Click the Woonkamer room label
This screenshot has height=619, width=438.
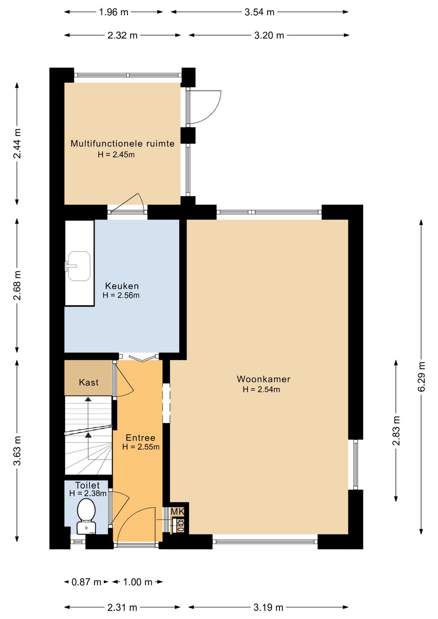pyautogui.click(x=263, y=379)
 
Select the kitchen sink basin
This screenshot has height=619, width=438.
pyautogui.click(x=79, y=266)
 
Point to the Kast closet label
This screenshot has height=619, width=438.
pyautogui.click(x=88, y=383)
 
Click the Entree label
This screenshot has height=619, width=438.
pyautogui.click(x=140, y=438)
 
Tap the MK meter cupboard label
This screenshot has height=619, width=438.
pyautogui.click(x=177, y=512)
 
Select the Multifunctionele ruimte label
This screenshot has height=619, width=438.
pyautogui.click(x=122, y=144)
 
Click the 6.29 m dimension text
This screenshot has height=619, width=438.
pyautogui.click(x=421, y=377)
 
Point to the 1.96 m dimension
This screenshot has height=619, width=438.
pyautogui.click(x=114, y=12)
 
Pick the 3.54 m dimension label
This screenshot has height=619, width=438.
pyautogui.click(x=260, y=12)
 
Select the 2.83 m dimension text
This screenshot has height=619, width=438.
pyautogui.click(x=396, y=431)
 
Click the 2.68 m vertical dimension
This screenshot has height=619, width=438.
pyautogui.click(x=17, y=286)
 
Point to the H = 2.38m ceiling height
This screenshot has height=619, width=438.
pyautogui.click(x=88, y=493)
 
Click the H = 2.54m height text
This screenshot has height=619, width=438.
pyautogui.click(x=262, y=389)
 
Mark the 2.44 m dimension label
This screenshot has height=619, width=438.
pyautogui.click(x=17, y=144)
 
